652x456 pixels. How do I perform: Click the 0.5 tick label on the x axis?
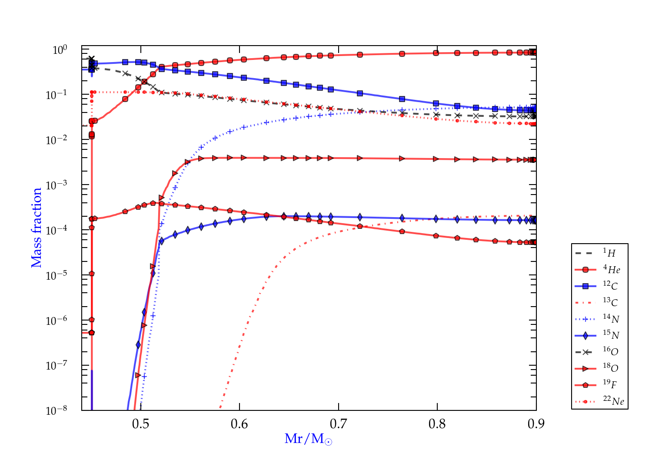coord(141,424)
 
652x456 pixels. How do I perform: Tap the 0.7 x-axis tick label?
coord(339,424)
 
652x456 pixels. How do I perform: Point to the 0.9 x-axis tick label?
coord(536,424)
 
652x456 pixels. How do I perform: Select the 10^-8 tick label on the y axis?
coord(57,410)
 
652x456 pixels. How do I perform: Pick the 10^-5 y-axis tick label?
coord(57,275)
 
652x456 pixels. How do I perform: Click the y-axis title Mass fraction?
coord(37,228)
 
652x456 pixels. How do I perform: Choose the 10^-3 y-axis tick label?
coord(57,185)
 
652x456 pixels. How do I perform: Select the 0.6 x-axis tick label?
coord(240,424)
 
